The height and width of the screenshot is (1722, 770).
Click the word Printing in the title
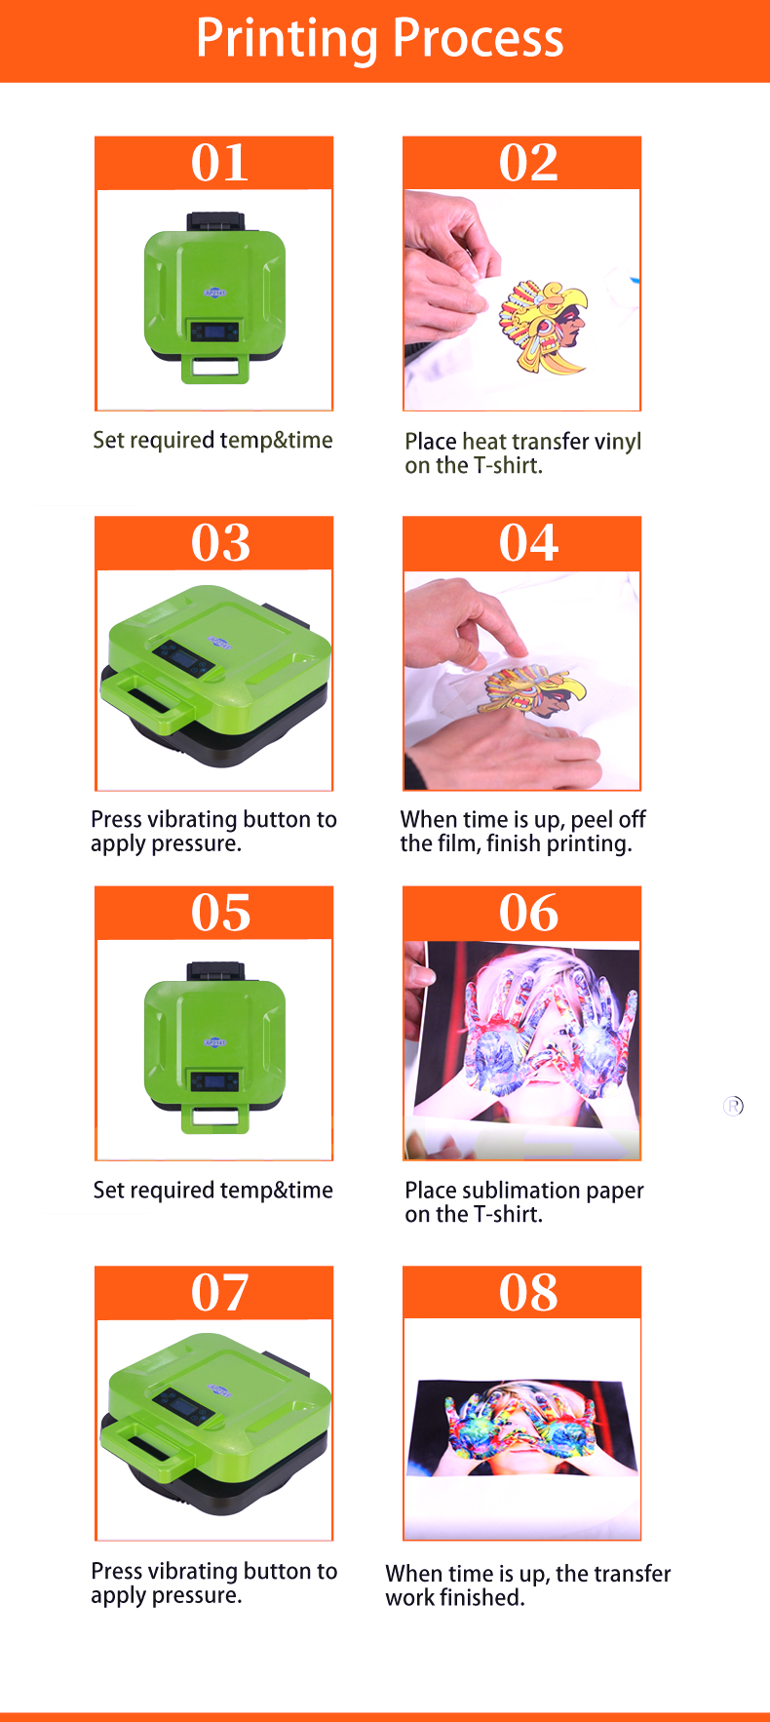(287, 39)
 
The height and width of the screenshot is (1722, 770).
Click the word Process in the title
(479, 39)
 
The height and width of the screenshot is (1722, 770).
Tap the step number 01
(219, 163)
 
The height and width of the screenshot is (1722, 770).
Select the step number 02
(528, 163)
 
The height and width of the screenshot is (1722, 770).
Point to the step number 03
(220, 543)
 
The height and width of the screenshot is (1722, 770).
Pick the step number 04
(528, 543)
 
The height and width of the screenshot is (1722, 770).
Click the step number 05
(220, 914)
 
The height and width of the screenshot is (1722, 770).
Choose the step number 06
(528, 914)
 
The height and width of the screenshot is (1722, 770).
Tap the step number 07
(220, 1293)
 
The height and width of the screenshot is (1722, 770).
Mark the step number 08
(528, 1293)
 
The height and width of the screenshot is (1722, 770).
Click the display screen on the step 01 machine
(214, 332)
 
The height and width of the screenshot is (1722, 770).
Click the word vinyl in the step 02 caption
(618, 442)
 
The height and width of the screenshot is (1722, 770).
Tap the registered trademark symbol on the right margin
(733, 1106)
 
